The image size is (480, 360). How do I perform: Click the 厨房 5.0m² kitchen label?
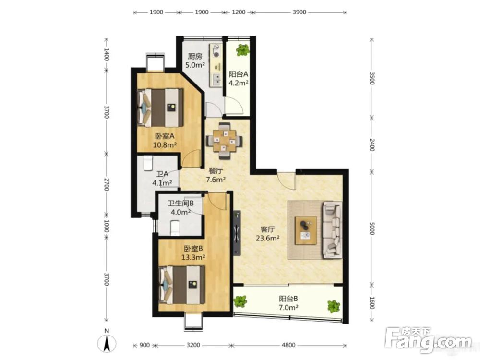coord(195,60)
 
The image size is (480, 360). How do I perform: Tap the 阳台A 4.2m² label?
coord(239,78)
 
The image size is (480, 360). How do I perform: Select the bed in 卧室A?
coord(161,108)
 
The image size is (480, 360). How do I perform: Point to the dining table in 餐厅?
coord(224,141)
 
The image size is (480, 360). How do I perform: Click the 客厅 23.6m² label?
coord(267,234)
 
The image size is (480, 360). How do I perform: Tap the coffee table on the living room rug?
coord(305,230)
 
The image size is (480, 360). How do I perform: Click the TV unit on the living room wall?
coord(237,233)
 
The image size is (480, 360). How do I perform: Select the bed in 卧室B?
coord(182,285)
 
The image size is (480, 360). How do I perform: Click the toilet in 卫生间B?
coord(175,228)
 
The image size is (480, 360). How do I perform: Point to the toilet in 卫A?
coord(148,163)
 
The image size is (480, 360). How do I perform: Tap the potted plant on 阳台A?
coord(243,49)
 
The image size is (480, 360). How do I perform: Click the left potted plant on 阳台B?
coord(240,301)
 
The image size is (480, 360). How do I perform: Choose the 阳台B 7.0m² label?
coord(288,303)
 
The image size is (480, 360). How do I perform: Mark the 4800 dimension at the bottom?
coord(288,345)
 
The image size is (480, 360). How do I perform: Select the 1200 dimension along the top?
coord(239,12)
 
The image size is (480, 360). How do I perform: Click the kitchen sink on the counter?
coord(216,80)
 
